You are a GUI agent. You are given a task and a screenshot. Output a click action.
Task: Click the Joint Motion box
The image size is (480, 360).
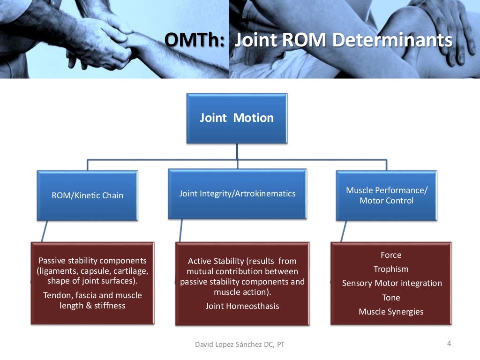point(237,118)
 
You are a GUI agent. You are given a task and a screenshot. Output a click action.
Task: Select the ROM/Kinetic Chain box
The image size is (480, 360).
point(87,195)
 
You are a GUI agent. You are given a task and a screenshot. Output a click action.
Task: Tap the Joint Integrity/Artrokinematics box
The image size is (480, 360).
point(237,193)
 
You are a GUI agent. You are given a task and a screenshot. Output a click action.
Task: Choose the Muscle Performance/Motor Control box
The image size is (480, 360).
point(386,195)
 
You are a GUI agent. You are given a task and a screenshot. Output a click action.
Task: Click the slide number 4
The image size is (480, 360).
point(449,344)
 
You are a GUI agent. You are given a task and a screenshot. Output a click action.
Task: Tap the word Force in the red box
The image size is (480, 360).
point(391,255)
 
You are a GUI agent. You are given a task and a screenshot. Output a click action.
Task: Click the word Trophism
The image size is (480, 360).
point(391,269)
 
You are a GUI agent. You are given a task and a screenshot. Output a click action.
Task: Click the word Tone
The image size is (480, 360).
point(391,298)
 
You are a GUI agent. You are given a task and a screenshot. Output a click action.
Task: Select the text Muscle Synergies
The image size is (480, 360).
point(391,312)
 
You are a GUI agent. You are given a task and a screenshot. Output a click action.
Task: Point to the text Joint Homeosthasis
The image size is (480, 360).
point(242,306)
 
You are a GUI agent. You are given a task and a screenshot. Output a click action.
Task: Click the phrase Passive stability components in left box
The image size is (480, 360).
point(92,261)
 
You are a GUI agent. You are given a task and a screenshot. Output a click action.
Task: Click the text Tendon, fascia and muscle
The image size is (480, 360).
point(92,295)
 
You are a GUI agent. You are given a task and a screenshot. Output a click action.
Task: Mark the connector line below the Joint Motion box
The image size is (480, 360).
point(237,152)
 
